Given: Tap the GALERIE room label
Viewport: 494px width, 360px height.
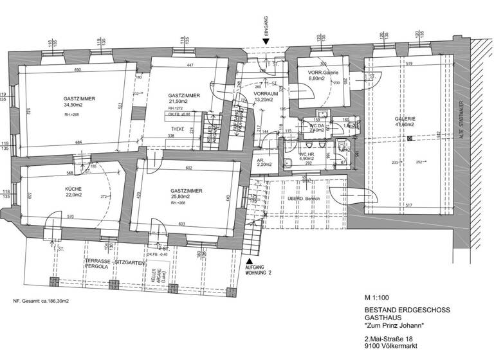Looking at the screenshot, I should (405, 119).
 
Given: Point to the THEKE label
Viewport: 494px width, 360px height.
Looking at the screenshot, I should (169, 128).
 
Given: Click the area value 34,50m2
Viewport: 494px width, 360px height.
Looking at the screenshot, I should (75, 104).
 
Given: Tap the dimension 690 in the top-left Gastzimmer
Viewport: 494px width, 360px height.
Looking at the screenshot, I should (77, 69).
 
